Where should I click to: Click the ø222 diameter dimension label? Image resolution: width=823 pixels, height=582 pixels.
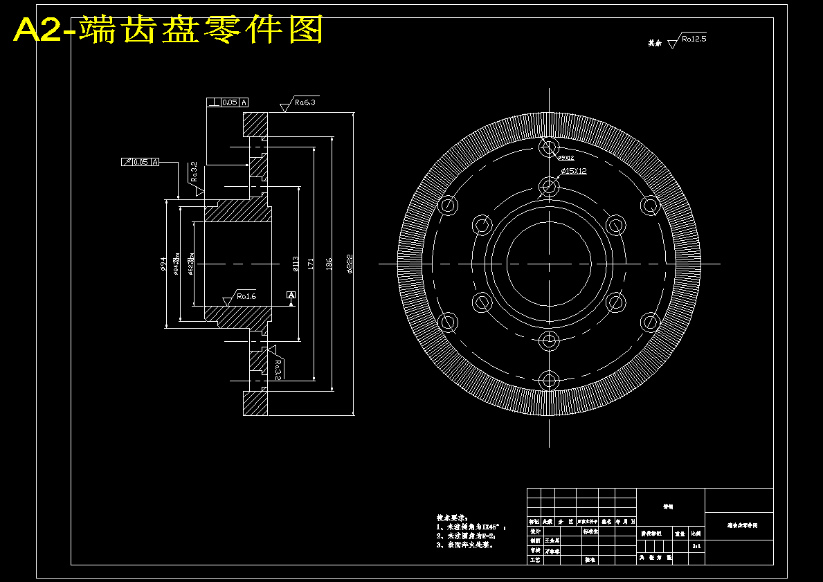point(350,264)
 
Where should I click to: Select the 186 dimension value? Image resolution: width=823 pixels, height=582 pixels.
point(329,264)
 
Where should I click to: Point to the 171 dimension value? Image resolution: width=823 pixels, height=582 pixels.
point(311,264)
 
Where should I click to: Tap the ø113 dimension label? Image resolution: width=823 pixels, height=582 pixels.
point(296,264)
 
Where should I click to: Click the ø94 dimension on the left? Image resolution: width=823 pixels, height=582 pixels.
point(163,264)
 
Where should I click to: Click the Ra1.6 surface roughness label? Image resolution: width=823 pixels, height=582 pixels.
point(246,296)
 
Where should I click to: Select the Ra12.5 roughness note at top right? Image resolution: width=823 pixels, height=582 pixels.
point(693,39)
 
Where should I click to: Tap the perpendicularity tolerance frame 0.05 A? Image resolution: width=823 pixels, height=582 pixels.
point(227,102)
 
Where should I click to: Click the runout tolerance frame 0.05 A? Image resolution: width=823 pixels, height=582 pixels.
point(140,162)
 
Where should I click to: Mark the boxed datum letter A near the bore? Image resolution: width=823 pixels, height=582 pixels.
point(291,295)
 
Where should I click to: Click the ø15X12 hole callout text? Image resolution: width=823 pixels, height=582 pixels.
point(573,170)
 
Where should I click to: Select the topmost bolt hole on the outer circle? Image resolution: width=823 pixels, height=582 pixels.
point(550,147)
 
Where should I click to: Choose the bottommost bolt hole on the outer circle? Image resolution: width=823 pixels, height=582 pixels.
point(550,379)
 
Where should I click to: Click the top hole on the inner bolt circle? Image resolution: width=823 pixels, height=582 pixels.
point(550,186)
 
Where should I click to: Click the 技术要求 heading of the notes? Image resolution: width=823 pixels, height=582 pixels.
point(452,518)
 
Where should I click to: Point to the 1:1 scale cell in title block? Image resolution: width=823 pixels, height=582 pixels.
point(696,546)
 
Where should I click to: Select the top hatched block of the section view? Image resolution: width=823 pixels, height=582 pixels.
point(255,125)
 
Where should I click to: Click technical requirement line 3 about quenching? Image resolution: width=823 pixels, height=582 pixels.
point(465,545)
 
